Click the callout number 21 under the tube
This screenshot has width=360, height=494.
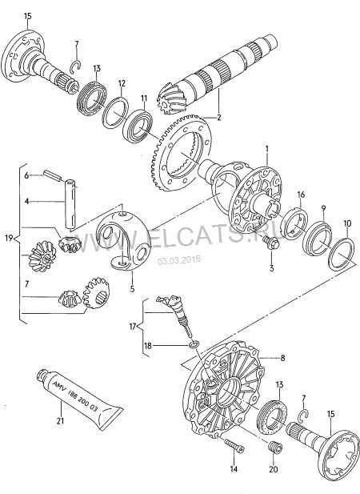[x=60, y=420]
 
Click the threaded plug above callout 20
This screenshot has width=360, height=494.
[x=275, y=447]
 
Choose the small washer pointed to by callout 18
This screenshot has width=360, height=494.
[x=194, y=343]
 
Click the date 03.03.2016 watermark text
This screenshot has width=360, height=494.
[x=179, y=260]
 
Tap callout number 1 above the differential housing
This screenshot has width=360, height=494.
[x=267, y=149]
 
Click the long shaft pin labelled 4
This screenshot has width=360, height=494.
[x=71, y=203]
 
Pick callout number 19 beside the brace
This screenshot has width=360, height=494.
[x=9, y=238]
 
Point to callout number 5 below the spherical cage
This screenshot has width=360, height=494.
[x=132, y=288]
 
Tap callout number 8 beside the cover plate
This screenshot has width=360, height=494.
[x=282, y=358]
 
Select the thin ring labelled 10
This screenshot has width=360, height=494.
[x=341, y=253]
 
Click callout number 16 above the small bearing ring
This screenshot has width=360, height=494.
[x=301, y=195]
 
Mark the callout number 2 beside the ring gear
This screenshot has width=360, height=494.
[x=219, y=118]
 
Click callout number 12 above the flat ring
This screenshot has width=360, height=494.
[x=122, y=83]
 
